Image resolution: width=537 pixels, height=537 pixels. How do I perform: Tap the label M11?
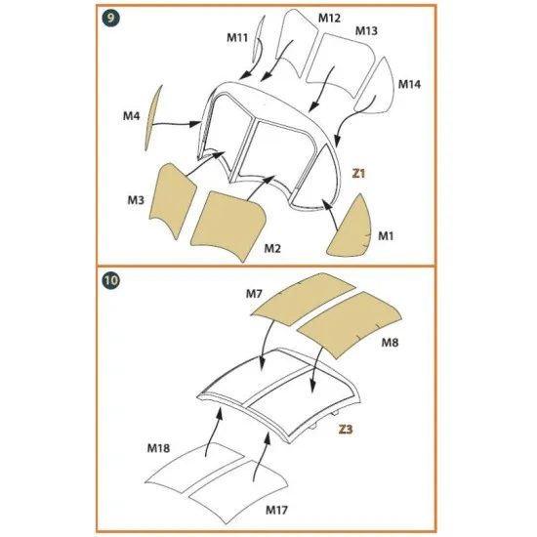point(238,38)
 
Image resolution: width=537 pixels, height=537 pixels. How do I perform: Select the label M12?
point(329,19)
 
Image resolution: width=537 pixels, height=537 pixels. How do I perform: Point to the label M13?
point(367,31)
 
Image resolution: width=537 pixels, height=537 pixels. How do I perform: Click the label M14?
point(410,84)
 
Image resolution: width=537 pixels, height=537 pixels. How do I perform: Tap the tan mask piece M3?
point(175,199)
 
